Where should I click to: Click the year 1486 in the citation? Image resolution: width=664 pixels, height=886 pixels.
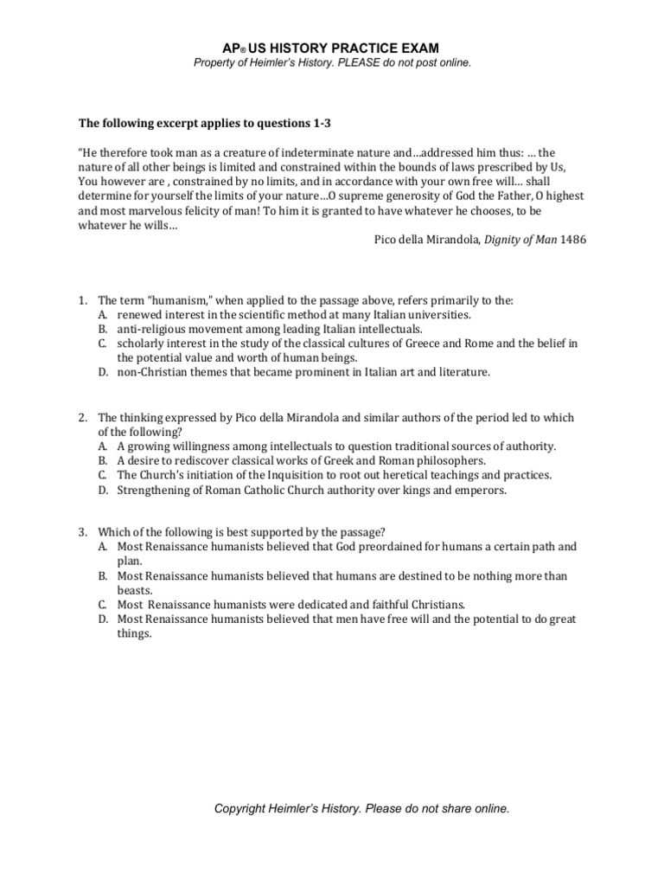pyautogui.click(x=573, y=240)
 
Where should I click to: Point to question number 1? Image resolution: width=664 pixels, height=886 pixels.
pyautogui.click(x=83, y=300)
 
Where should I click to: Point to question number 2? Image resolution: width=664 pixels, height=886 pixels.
pyautogui.click(x=83, y=418)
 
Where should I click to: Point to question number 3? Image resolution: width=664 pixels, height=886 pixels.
pyautogui.click(x=83, y=533)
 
